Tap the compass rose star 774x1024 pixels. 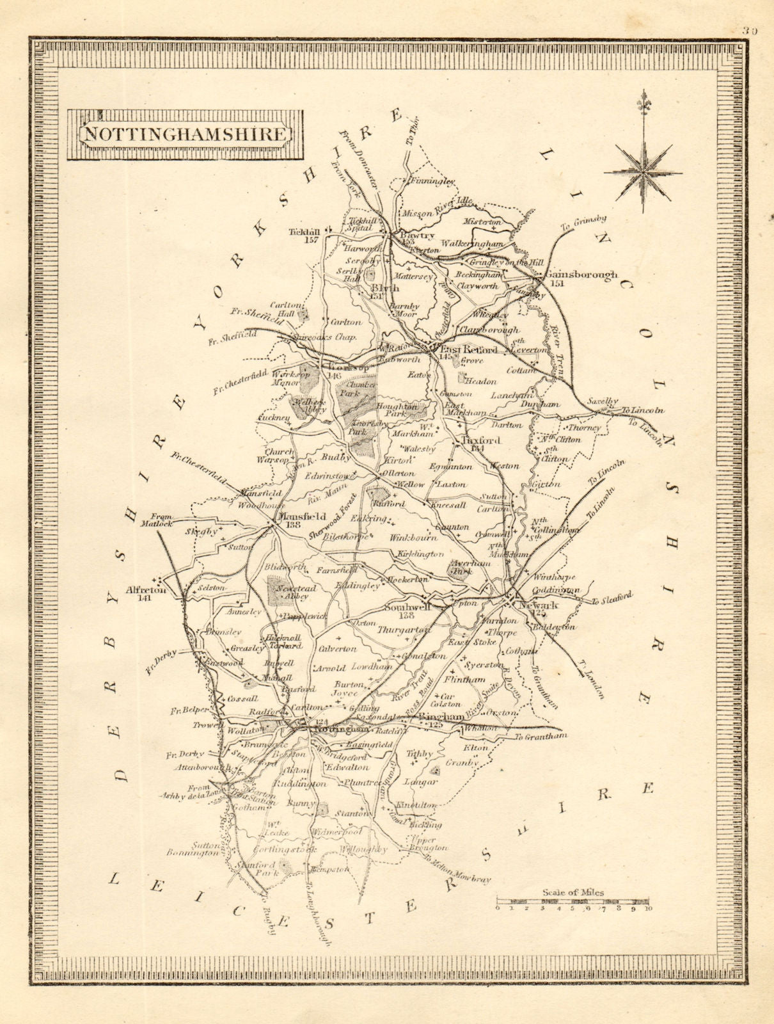click(x=643, y=170)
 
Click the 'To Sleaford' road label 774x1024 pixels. click(x=612, y=598)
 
